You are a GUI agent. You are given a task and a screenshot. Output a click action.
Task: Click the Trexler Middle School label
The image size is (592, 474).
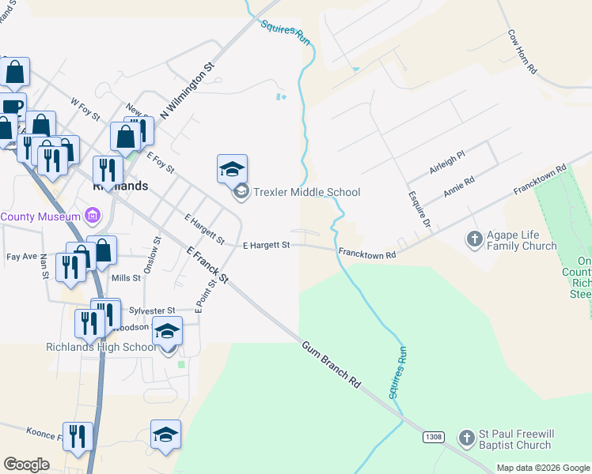coord(306,192)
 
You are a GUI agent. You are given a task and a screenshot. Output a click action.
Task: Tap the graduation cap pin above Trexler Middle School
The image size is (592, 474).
coord(232,168)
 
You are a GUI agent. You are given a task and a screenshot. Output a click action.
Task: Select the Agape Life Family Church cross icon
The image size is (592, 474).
coord(474,238)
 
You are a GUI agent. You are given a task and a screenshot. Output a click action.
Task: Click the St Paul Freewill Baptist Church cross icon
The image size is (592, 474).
coord(468,435)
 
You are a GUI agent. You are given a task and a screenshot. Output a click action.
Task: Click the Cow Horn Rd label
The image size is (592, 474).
coord(522,52)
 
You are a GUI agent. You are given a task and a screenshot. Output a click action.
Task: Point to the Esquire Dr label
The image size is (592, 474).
coord(419,209)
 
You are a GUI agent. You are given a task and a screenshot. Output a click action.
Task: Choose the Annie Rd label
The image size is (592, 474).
coord(458,186)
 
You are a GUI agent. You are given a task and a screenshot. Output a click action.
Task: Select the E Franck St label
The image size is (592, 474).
coord(207,265)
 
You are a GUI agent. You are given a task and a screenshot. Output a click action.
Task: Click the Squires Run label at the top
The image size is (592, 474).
coord(285,32)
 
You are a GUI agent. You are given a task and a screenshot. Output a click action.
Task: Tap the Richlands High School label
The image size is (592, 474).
coord(101,347)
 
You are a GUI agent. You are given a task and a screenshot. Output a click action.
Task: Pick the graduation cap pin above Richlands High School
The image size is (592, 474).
coord(167,330)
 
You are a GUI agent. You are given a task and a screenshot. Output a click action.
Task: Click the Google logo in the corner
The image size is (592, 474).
coord(26,465)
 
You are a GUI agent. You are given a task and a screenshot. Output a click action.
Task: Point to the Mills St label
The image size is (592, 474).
coord(126,278)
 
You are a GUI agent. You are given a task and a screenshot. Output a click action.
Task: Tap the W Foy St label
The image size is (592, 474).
coord(85,110)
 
